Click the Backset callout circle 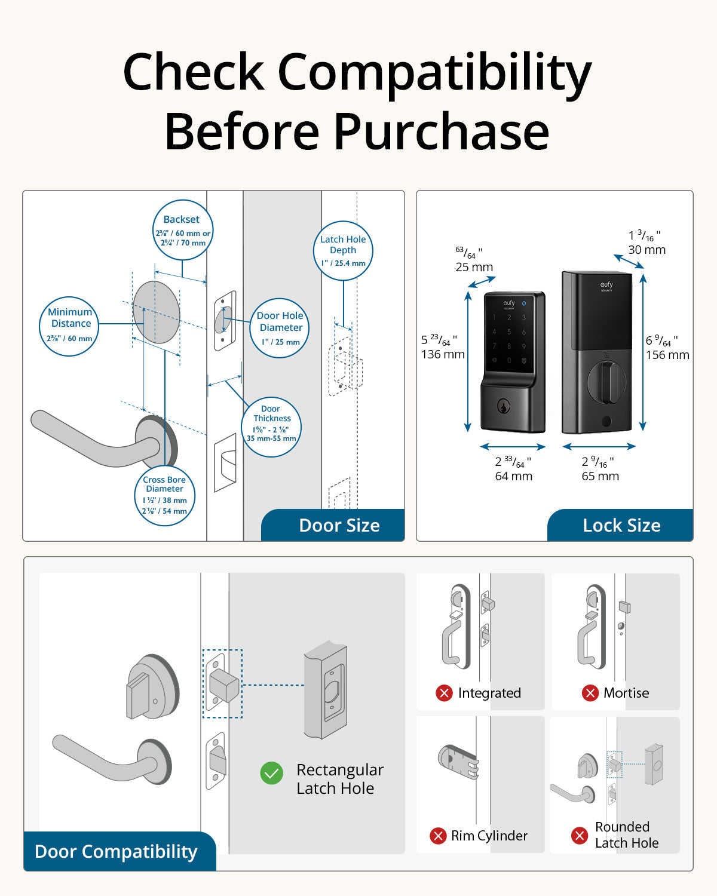(183, 231)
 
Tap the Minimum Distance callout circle (70, 326)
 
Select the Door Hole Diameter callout (280, 328)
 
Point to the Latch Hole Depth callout (343, 251)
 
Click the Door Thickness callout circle (271, 426)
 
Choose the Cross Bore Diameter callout (164, 496)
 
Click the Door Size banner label (339, 526)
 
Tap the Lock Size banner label (621, 526)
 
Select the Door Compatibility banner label (116, 851)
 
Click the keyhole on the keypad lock (504, 407)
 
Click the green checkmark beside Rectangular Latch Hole (272, 773)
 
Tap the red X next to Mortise (590, 693)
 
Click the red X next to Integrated (444, 693)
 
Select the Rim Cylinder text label (489, 836)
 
